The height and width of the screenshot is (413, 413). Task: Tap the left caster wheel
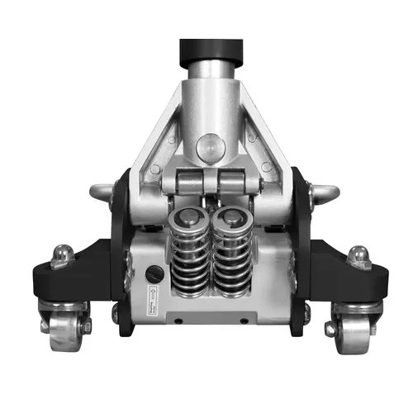[64, 325]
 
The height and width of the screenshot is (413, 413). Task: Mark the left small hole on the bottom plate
[176, 319]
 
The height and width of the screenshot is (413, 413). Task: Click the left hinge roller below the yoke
[188, 181]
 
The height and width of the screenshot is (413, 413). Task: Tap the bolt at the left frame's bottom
[115, 312]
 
